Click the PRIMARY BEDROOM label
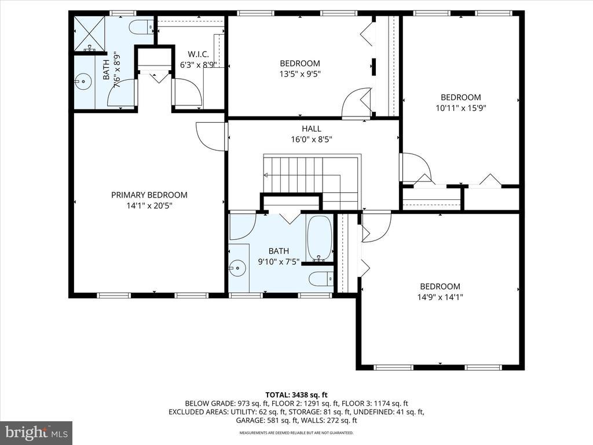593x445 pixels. click(x=149, y=195)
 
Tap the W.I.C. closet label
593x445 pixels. click(x=198, y=54)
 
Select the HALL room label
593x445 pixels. click(x=312, y=129)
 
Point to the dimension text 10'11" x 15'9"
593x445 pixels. click(x=460, y=108)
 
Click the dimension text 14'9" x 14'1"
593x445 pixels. click(x=440, y=297)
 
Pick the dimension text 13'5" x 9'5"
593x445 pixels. click(x=300, y=74)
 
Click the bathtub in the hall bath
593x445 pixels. click(x=320, y=238)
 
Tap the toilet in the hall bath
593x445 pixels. click(x=321, y=279)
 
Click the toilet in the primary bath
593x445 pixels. click(x=141, y=27)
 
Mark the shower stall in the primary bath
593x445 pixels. click(x=89, y=33)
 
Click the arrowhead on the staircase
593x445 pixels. click(x=266, y=175)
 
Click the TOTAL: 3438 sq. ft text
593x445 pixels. click(x=296, y=395)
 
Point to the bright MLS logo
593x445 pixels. click(x=36, y=432)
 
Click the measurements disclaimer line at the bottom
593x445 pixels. click(x=296, y=432)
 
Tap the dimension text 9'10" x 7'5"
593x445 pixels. click(x=279, y=261)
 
